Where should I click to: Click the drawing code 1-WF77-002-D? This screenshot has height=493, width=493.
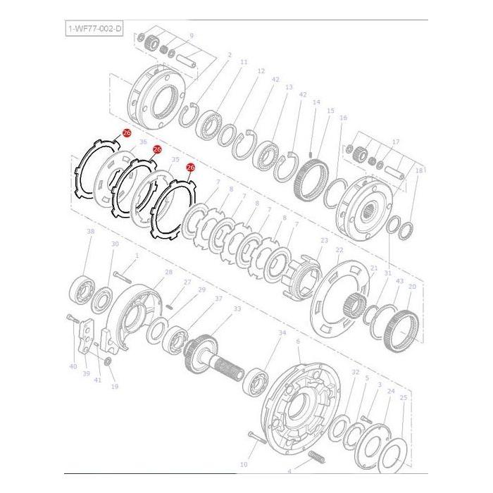pos(94,27)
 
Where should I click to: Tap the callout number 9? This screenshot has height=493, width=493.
pos(192,36)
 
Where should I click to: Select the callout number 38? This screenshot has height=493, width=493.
pos(90,231)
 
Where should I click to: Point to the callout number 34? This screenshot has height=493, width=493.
pos(282,332)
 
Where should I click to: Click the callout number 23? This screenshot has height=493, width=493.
pos(324,241)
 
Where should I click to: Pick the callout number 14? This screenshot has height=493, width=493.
pos(316,103)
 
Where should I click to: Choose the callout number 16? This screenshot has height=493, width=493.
pos(343,118)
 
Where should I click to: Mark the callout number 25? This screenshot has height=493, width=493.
pos(403,398)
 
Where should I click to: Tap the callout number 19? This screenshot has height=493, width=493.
pos(114,386)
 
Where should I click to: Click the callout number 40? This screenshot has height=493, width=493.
pos(73,366)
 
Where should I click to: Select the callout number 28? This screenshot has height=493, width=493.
pos(168,272)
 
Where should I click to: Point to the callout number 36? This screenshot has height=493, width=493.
pos(143,142)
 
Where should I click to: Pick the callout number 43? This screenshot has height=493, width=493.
pos(399,282)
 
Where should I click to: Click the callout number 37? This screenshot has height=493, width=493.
pos(218,299)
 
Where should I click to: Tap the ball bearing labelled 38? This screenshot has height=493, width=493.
pos(82,289)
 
